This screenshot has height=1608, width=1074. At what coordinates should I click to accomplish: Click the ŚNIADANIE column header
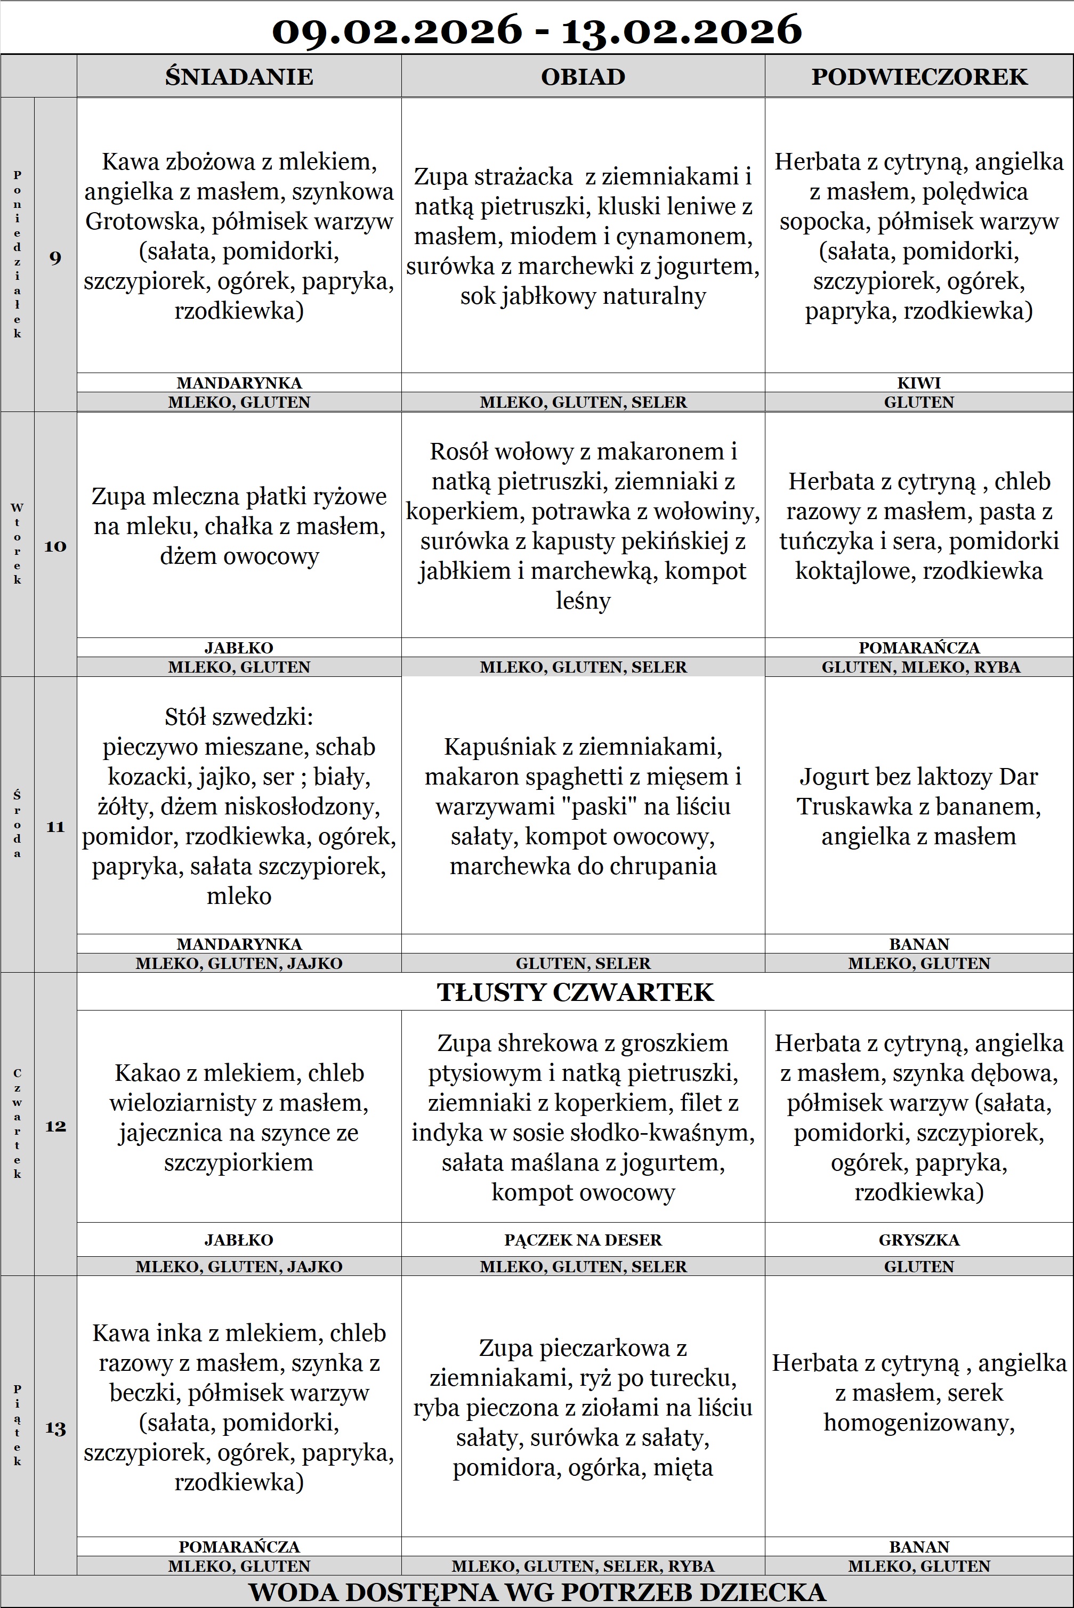coord(239,77)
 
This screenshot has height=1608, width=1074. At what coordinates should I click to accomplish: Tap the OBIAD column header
coord(583,77)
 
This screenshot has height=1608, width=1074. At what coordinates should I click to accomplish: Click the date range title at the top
coord(537,30)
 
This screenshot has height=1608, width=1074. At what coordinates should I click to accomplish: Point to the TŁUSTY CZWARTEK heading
coord(575,992)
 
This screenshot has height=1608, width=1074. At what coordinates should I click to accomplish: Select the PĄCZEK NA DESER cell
coord(583,1240)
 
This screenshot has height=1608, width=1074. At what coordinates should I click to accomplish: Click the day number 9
coord(55,258)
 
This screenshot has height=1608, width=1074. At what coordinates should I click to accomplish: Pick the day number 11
coord(55,827)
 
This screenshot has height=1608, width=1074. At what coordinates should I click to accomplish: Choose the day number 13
coord(55,1428)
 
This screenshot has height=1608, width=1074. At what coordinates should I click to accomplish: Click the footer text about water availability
coord(537,1591)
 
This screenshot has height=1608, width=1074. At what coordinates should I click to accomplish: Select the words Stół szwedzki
coord(239,717)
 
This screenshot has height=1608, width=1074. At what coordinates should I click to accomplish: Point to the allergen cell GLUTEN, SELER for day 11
coord(583,963)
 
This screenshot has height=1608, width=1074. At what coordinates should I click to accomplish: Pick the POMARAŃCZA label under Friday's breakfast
coord(239,1546)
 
